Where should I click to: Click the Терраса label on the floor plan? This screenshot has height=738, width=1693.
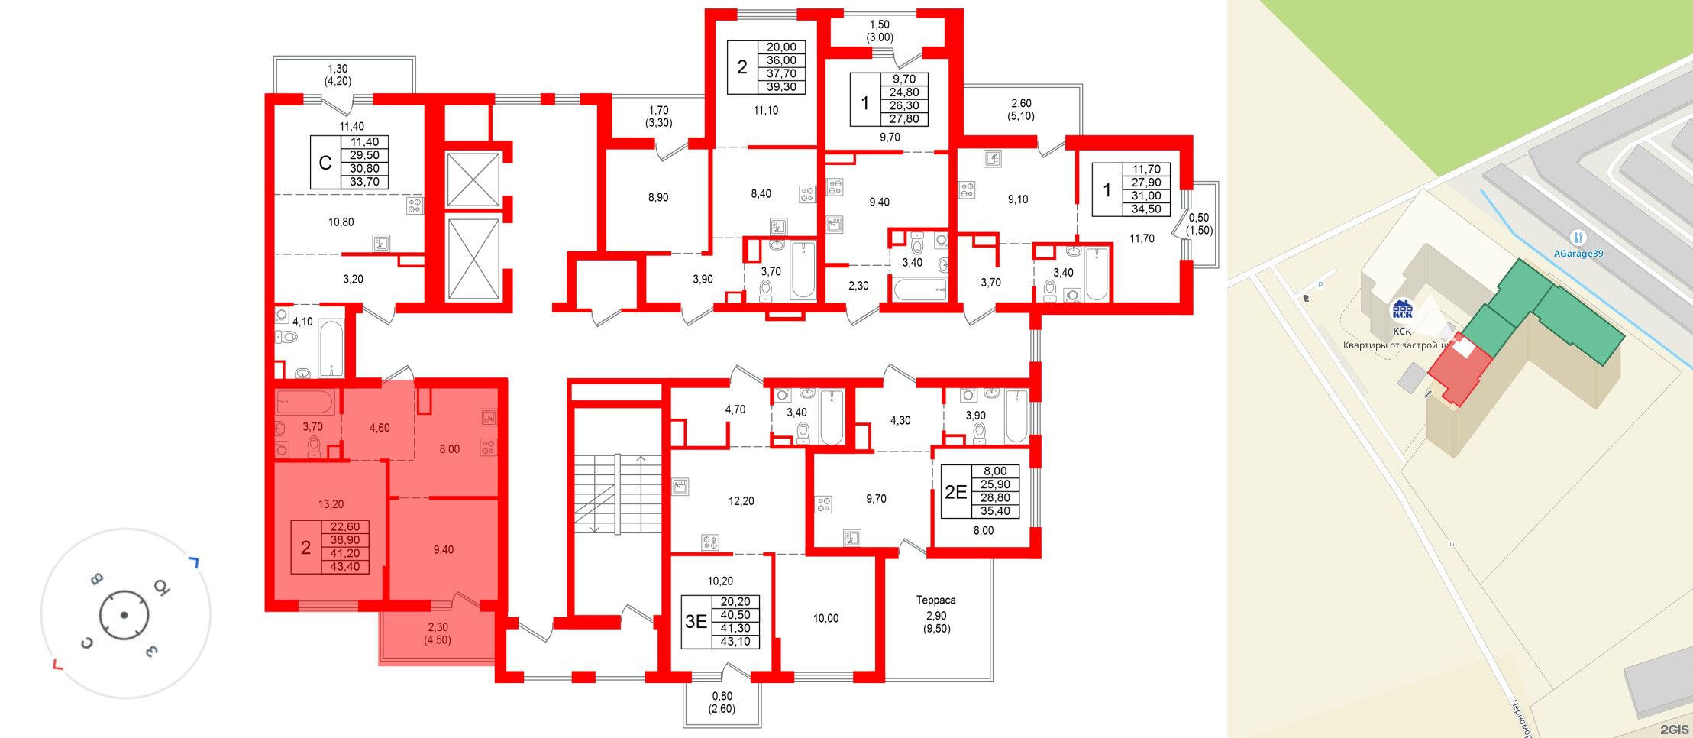[935, 600]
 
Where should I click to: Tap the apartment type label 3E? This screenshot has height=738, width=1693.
[696, 622]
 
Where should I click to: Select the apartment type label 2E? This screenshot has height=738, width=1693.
[955, 492]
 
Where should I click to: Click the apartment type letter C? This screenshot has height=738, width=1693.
[325, 163]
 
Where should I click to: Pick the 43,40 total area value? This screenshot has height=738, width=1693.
[345, 567]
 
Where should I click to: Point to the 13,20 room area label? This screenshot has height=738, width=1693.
[331, 504]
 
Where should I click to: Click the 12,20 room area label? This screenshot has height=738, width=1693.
[741, 501]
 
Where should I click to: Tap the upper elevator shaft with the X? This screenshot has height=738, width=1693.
[473, 180]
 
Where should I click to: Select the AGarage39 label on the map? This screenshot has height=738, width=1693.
[1578, 254]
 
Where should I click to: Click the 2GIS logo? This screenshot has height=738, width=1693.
[1674, 730]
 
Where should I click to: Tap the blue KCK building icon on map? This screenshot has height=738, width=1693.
[1402, 309]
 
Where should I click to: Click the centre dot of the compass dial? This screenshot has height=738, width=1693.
[124, 615]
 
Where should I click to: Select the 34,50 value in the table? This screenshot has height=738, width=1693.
[1146, 209]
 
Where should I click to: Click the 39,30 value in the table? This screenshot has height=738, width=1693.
[781, 87]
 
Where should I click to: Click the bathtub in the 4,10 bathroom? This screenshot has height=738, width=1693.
[331, 348]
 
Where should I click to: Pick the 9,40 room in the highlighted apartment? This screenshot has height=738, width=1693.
[443, 549]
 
